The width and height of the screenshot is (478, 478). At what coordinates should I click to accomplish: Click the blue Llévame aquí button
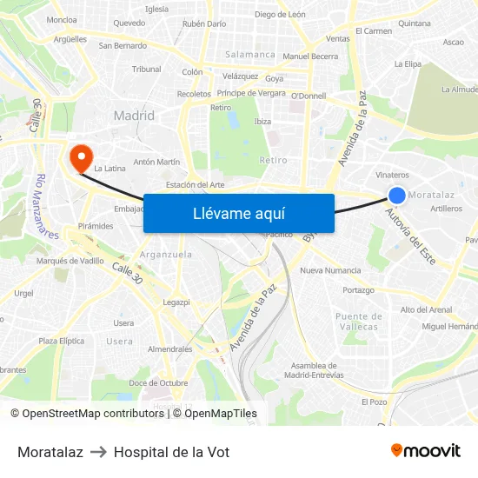tap(239, 213)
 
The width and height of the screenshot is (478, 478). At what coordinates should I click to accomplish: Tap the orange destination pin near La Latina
tap(81, 157)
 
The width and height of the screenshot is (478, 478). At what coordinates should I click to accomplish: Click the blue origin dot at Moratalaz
tap(397, 196)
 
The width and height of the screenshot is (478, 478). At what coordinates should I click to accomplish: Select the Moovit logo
tap(426, 451)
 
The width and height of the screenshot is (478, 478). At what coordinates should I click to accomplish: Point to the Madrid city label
tap(134, 116)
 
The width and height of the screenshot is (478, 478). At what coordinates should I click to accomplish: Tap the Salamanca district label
tap(250, 54)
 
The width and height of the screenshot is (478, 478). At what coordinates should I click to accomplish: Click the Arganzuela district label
tap(166, 255)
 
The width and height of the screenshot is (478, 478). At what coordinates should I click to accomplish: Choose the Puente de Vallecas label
tap(356, 321)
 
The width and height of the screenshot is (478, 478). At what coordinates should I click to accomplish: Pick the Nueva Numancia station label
tap(329, 270)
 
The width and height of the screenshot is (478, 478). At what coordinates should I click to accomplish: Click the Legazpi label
tap(176, 302)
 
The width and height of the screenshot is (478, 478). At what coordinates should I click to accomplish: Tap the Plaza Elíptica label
tap(61, 342)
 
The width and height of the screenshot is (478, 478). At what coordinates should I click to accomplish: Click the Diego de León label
tap(280, 14)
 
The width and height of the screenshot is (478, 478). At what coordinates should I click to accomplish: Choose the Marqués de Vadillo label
tap(70, 261)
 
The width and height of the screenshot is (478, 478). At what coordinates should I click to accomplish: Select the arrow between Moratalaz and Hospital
tap(98, 452)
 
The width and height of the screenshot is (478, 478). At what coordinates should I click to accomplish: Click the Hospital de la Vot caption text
tap(171, 452)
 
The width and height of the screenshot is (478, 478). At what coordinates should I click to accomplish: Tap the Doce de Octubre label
tap(158, 383)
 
